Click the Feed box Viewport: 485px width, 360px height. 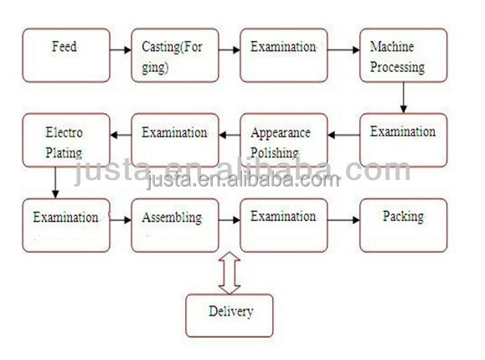tap(66, 55)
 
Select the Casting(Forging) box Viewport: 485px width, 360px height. tap(175, 55)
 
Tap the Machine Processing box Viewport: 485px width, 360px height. tap(404, 55)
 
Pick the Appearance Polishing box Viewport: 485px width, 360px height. tap(284, 140)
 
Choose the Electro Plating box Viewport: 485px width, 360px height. tap(66, 140)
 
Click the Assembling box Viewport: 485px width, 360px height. tap(175, 225)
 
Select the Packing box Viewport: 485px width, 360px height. tap(404, 225)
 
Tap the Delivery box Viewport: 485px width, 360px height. tap(230, 316)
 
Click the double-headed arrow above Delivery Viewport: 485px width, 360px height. tap(230, 273)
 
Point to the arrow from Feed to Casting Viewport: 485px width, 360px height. tap(121, 49)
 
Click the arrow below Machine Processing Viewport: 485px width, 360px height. tap(404, 98)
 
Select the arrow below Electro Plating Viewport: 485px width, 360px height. tap(55, 183)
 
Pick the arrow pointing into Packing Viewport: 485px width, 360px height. tap(343, 220)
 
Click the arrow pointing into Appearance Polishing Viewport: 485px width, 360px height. tap(343, 135)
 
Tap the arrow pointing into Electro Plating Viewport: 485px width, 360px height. tap(121, 135)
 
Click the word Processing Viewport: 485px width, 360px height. tap(397, 68)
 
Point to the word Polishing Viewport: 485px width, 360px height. tap(275, 152)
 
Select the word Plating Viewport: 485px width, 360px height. tap(64, 152)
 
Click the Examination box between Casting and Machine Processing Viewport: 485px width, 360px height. tap(284, 55)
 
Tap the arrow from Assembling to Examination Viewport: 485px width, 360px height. tap(230, 220)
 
